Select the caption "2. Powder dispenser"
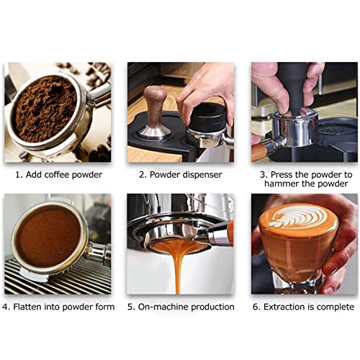pyautogui.click(x=180, y=175)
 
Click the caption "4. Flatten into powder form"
pyautogui.click(x=58, y=307)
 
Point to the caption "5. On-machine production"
pyautogui.click(x=181, y=307)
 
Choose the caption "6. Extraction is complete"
pyautogui.click(x=303, y=307)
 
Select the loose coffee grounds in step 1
pyautogui.click(x=45, y=108)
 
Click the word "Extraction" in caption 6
pyautogui.click(x=291, y=307)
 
